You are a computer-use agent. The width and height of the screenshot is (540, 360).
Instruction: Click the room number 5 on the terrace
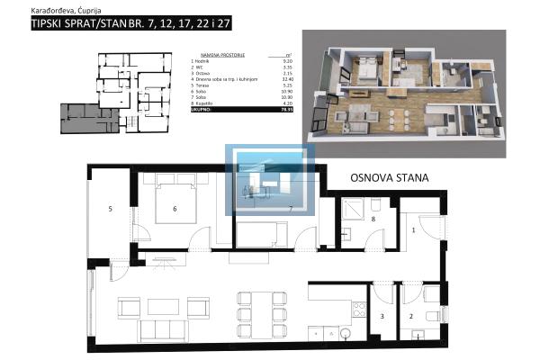pyautogui.click(x=110, y=209)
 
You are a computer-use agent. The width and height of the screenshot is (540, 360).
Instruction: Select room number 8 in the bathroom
pyautogui.click(x=373, y=219)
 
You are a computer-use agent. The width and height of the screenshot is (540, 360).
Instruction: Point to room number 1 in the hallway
pyautogui.click(x=413, y=231)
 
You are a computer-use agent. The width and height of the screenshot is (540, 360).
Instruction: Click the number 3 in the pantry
pyautogui.click(x=382, y=317)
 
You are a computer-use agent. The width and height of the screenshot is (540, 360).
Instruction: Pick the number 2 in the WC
pyautogui.click(x=411, y=317)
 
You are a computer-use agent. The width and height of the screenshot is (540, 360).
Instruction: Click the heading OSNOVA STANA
pyautogui.click(x=389, y=177)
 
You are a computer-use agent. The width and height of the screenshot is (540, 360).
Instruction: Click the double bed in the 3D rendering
pyautogui.click(x=367, y=69)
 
